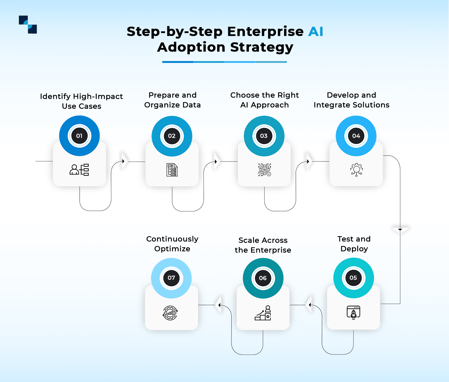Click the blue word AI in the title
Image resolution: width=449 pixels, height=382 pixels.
pos(315,32)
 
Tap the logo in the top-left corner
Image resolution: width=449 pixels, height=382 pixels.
pos(28,24)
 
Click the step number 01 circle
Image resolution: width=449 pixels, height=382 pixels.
pos(79,136)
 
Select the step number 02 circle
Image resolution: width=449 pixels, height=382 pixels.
pos(172,136)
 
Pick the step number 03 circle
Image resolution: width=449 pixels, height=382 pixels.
pos(264,136)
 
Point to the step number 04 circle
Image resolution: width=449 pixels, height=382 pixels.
pos(356,136)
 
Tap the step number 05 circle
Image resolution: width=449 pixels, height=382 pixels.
pos(353,278)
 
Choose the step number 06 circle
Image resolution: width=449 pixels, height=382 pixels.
pos(263,278)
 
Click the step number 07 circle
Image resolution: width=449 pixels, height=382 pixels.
pos(171,278)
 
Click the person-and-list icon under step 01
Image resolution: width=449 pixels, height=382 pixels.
pos(79,170)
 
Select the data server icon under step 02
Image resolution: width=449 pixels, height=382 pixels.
pos(172,170)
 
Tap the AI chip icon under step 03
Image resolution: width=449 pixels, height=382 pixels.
pos(265,170)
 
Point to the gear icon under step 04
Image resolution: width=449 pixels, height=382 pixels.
pos(356,170)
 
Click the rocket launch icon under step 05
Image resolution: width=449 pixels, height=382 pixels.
pos(353,313)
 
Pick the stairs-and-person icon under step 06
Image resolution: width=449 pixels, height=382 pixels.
pos(263,313)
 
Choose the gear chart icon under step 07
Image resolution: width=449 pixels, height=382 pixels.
pos(170,313)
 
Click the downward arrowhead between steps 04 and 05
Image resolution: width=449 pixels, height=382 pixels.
pos(400,230)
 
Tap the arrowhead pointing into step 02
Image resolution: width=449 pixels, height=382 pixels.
pos(123,161)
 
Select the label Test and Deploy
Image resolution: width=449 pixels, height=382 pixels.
pos(354,244)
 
